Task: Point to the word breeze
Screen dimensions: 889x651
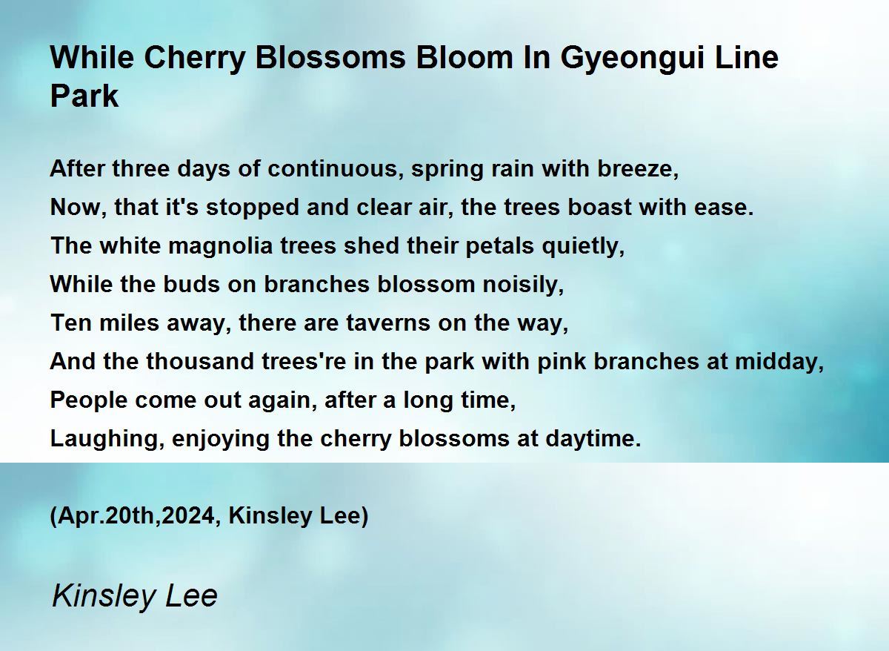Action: [x=638, y=169]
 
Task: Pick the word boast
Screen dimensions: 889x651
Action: [x=599, y=207]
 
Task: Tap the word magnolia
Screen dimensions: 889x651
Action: [x=220, y=246]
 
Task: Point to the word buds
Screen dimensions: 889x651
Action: [x=191, y=285]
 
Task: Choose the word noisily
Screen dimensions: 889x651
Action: [x=523, y=285]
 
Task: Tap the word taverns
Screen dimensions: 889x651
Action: [x=387, y=323]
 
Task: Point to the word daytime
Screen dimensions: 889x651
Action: [x=593, y=439]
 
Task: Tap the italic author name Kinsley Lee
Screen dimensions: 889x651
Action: [x=135, y=596]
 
